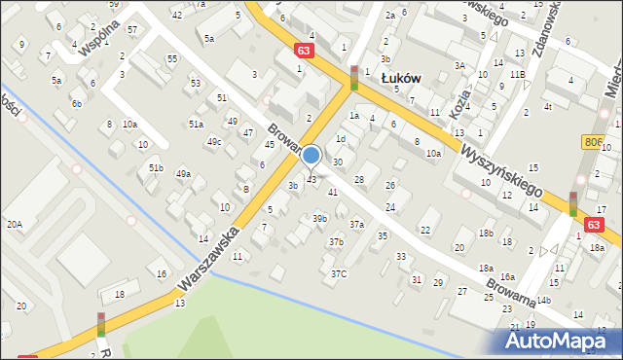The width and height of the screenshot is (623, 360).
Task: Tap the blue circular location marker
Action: point(311,155)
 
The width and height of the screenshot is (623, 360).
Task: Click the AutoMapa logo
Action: point(563,341)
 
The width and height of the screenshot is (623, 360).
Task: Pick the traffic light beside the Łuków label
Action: point(354,78)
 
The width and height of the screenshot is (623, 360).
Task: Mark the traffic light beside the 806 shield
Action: point(573,203)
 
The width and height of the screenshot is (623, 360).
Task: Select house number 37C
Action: point(338,273)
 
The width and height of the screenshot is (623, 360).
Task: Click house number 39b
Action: point(319,219)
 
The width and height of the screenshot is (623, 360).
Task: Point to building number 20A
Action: point(15,224)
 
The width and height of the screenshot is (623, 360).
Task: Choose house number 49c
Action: point(213,142)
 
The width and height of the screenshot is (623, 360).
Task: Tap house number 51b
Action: point(155,167)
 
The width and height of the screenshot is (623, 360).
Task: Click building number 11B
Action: point(516,74)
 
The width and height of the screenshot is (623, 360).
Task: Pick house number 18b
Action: point(485,234)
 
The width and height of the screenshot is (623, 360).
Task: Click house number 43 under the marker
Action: point(311,180)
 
